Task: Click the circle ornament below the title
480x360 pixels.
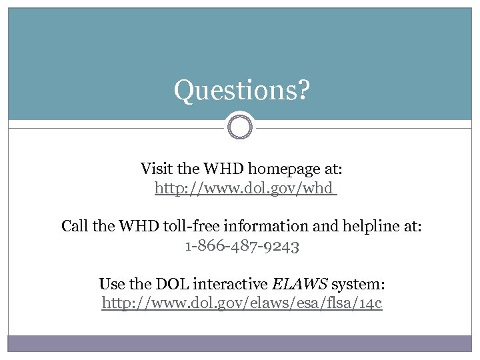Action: coord(240,125)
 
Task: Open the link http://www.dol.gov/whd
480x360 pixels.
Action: coord(244,189)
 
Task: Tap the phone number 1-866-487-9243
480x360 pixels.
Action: coord(242,246)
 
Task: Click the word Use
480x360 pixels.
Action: coord(111,284)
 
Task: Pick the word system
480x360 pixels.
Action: coord(357,285)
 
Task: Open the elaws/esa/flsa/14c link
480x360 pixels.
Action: coord(242,303)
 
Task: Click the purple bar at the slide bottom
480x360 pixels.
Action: coord(240,343)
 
